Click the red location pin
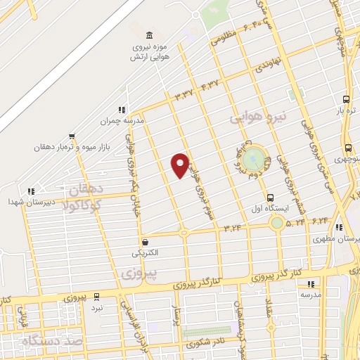181,165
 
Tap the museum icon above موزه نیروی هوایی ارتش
148,36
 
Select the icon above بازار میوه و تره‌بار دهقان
71,137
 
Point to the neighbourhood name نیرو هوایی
255,120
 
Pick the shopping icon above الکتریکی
144,240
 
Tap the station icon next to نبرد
96,297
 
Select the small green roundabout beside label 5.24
277,223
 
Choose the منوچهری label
349,159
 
